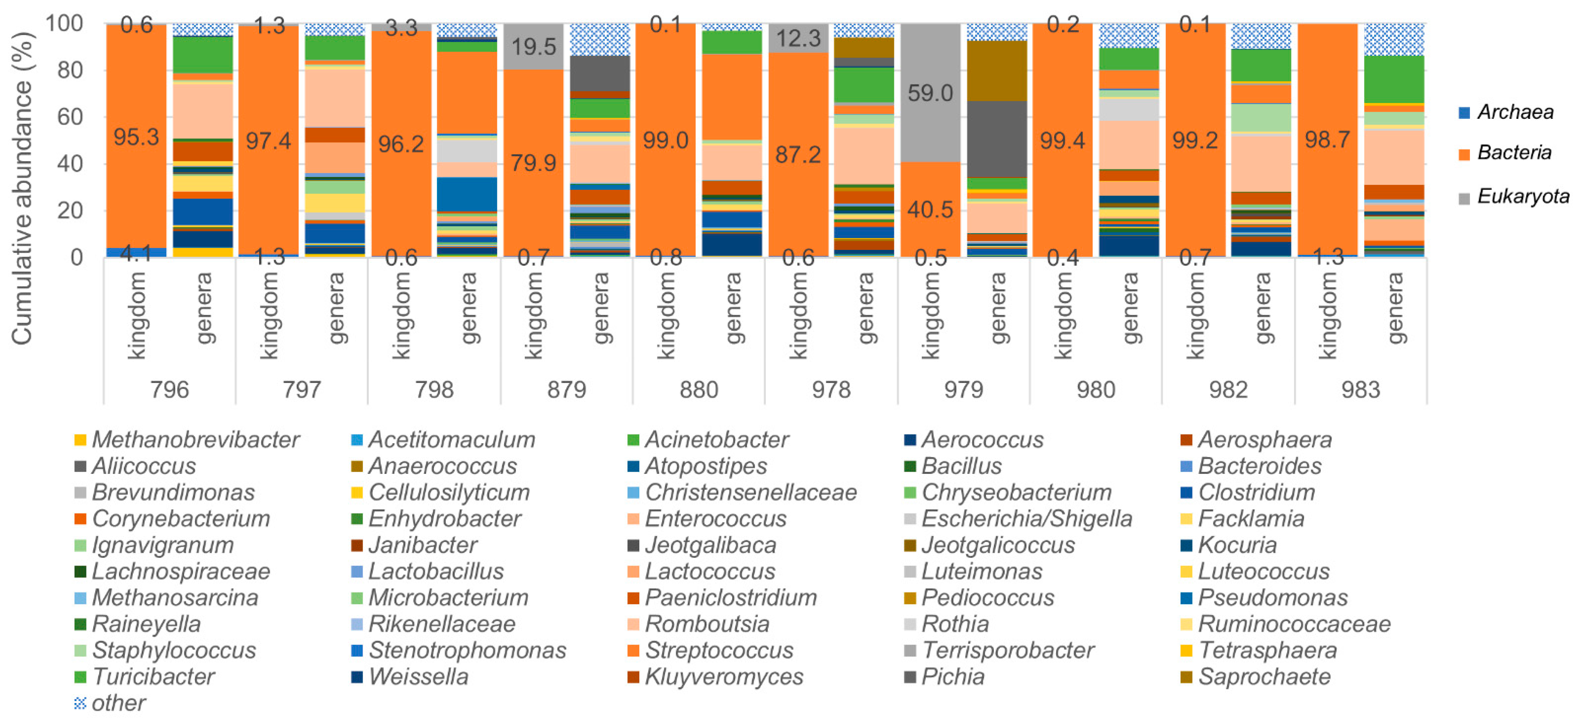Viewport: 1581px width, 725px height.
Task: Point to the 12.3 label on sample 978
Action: [x=798, y=39]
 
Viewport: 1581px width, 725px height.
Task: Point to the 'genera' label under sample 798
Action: [x=468, y=308]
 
